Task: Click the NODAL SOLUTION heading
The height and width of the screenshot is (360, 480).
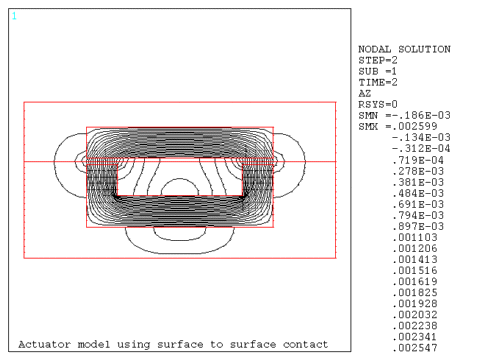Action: [x=404, y=49]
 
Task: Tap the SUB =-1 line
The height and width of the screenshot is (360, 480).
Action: [x=380, y=71]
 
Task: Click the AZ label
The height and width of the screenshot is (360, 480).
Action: [x=364, y=93]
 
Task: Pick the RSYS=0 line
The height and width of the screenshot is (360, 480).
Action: [x=377, y=104]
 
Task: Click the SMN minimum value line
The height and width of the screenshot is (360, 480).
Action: [x=401, y=115]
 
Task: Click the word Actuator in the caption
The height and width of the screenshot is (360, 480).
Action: [x=42, y=345]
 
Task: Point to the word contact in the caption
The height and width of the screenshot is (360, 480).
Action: [x=305, y=345]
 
